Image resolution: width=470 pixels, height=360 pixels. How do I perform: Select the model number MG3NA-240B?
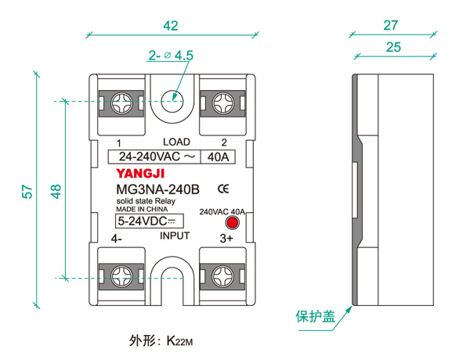pyautogui.click(x=157, y=189)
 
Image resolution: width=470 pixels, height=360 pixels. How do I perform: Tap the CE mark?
pyautogui.click(x=222, y=189)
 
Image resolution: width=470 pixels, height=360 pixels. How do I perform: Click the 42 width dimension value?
pyautogui.click(x=170, y=26)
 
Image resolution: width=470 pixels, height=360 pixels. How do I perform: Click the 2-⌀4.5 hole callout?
pyautogui.click(x=170, y=56)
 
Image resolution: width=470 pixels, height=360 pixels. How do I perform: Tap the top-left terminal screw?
pyautogui.click(x=123, y=102)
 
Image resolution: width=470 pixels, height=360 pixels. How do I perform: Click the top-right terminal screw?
pyautogui.click(x=222, y=102)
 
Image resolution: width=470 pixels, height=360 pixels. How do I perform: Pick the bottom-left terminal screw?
pyautogui.click(x=123, y=276)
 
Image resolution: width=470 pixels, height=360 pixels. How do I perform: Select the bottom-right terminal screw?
pyautogui.click(x=222, y=276)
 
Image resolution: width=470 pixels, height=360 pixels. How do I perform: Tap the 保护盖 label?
pyautogui.click(x=315, y=317)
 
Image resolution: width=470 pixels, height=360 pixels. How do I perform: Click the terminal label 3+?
pyautogui.click(x=226, y=239)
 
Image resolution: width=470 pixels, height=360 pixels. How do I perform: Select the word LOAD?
pyautogui.click(x=175, y=142)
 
